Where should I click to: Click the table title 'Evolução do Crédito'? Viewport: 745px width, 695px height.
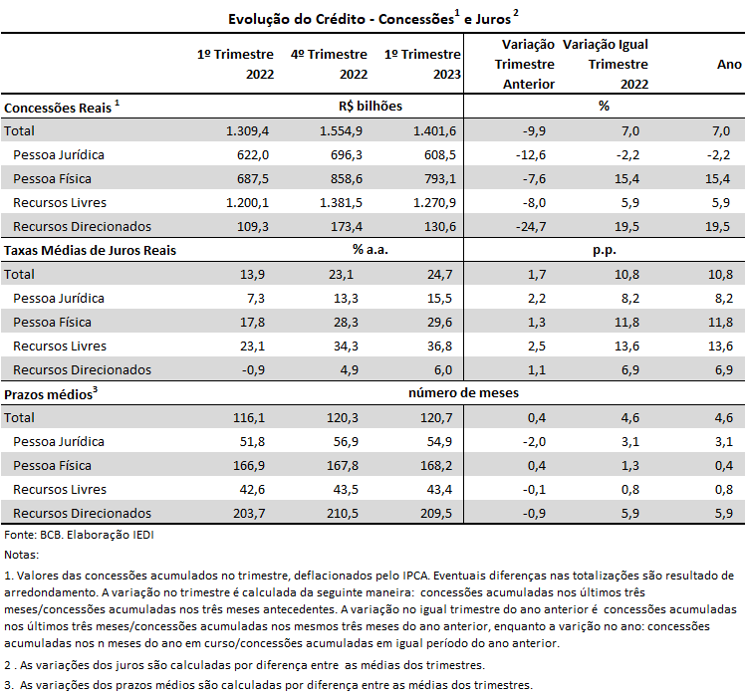tap(297, 19)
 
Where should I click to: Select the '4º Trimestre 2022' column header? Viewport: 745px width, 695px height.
tap(329, 64)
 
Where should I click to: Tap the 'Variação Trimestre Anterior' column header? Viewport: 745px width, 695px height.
tap(525, 64)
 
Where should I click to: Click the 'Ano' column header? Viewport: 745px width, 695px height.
tap(729, 64)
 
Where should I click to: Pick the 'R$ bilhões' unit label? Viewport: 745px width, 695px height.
tap(371, 106)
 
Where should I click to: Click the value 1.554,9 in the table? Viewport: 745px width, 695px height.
tap(341, 130)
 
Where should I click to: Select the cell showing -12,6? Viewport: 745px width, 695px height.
tap(531, 155)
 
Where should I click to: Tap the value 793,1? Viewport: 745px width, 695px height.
tap(440, 178)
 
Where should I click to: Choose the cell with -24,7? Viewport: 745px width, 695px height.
tap(531, 227)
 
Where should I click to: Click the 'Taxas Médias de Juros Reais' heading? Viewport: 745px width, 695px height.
tap(90, 250)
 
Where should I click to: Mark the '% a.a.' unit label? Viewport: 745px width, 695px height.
tap(371, 249)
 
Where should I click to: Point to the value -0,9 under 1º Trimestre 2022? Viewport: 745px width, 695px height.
tap(253, 369)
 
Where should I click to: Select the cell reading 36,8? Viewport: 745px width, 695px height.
tap(439, 346)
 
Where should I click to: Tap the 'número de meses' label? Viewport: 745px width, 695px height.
tap(463, 393)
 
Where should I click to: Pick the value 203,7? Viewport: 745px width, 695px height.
tap(249, 513)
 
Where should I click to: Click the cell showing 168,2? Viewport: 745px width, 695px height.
tap(436, 465)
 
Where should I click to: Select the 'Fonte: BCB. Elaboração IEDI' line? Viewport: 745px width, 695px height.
tap(79, 535)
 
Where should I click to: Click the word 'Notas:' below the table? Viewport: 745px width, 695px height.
tap(21, 555)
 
